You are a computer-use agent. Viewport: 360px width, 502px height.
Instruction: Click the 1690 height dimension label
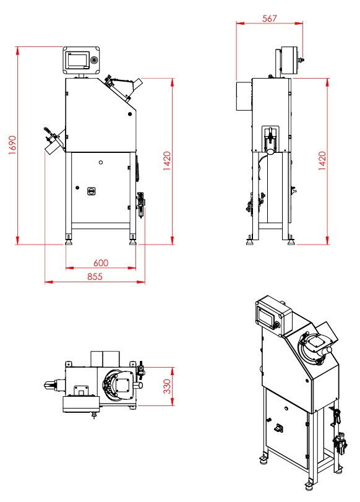(12, 145)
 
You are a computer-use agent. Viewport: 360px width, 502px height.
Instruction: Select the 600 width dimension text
(101, 263)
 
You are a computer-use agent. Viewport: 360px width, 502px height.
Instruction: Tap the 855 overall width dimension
(95, 276)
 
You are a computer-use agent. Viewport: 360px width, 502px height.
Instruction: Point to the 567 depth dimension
(269, 18)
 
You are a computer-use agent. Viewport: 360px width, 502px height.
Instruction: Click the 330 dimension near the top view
(167, 386)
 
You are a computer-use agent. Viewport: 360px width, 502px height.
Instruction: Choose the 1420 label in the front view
(167, 161)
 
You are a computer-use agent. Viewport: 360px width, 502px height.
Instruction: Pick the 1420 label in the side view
(322, 161)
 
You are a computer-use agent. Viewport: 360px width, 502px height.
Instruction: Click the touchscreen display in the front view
(77, 60)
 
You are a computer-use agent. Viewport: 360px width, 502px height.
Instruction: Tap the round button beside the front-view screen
(94, 60)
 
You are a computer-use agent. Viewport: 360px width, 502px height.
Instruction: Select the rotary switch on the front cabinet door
(91, 191)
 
